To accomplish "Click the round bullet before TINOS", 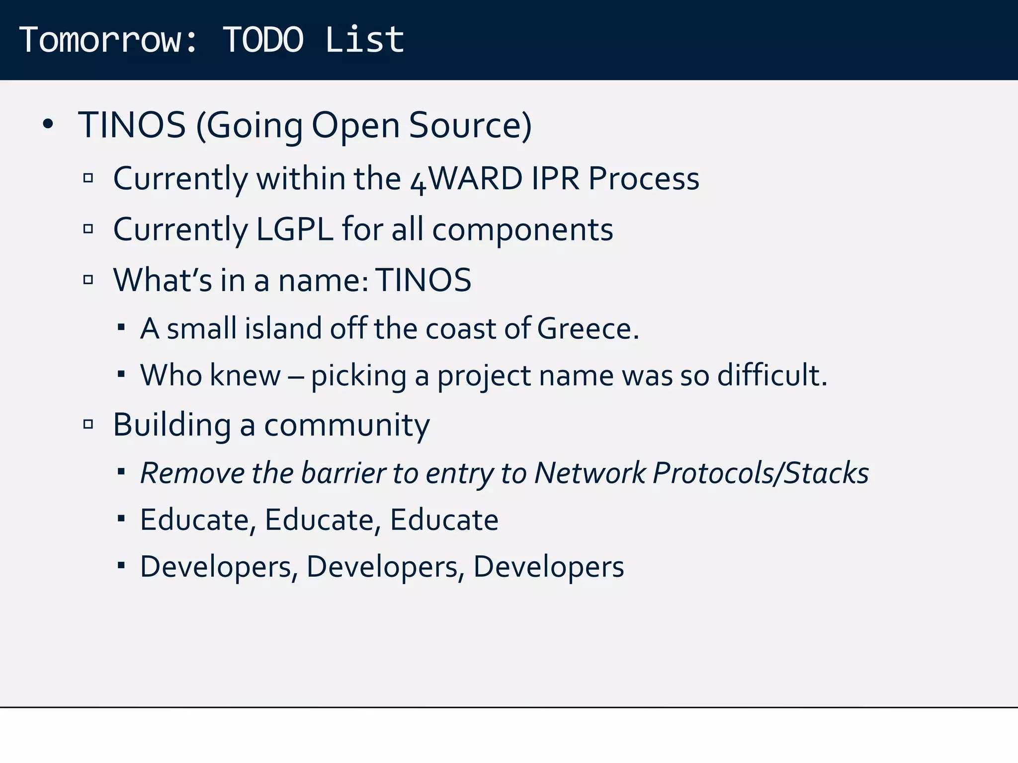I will [48, 124].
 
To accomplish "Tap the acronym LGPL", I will [294, 229].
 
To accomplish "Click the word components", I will [522, 230].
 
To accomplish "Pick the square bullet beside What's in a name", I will [88, 280].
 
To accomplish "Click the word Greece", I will [588, 328].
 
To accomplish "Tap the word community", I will [346, 426].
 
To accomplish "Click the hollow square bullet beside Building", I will [88, 424].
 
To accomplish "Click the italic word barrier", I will [343, 472].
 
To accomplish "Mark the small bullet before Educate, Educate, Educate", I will [121, 519].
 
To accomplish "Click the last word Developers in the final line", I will [548, 567].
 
